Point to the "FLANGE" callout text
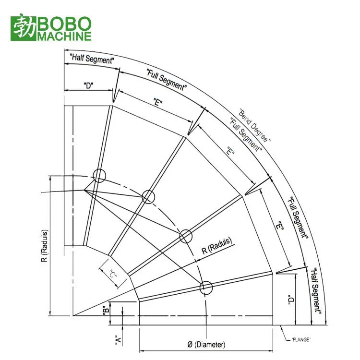pos(301,339)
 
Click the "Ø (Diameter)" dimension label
pos(206,344)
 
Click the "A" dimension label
pos(118,339)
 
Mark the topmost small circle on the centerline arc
pos(99,176)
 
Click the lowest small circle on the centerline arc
pos(206,287)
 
